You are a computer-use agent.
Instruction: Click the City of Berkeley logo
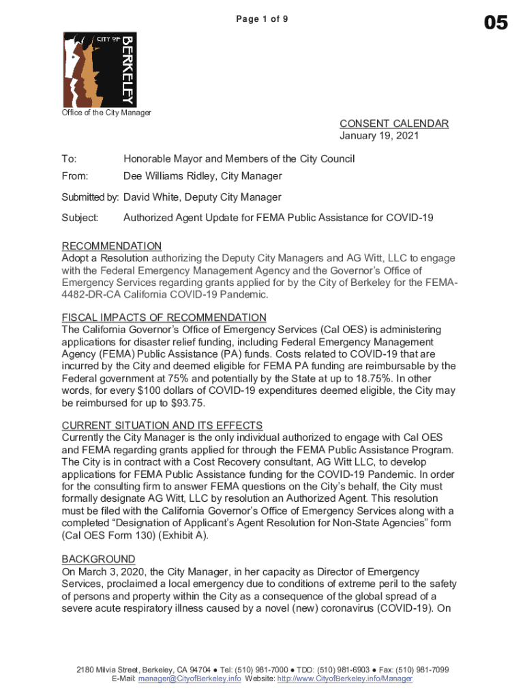100,69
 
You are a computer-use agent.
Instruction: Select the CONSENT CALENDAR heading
394,124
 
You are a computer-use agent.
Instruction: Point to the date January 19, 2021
379,136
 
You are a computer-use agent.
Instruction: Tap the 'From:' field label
76,176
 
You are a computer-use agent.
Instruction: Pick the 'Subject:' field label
80,218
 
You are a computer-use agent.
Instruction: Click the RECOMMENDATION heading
112,246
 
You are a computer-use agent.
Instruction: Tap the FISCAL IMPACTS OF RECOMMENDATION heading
164,317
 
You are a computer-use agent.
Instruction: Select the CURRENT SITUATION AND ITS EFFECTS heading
162,425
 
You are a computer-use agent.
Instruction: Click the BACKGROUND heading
98,558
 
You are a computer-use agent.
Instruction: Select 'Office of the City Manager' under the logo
106,113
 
